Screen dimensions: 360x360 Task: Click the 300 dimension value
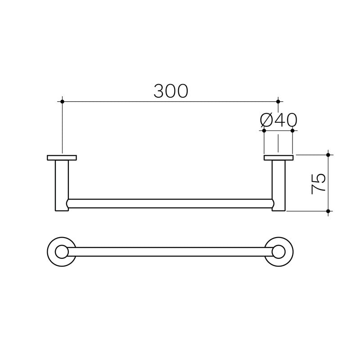[171, 91]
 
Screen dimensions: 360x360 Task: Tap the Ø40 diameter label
[279, 120]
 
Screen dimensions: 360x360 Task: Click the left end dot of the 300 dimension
[63, 102]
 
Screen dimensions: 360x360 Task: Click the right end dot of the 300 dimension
[278, 102]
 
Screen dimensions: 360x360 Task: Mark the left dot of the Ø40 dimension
[264, 130]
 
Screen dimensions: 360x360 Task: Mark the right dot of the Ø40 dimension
[292, 130]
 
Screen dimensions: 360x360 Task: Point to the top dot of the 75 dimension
[328, 155]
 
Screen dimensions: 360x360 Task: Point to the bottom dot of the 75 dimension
[328, 211]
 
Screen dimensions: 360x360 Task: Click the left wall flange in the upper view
[62, 157]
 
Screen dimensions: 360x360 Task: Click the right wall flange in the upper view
[279, 157]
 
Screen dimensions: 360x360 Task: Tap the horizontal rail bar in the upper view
[170, 203]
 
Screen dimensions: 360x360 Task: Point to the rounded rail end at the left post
[68, 203]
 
